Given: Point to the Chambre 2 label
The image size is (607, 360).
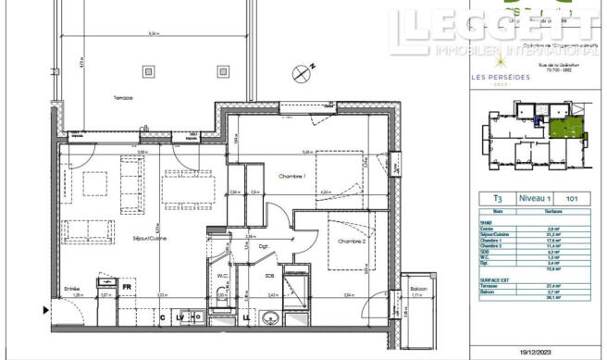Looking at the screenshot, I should [x=351, y=242].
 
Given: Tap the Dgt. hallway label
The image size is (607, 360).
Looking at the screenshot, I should [x=263, y=245].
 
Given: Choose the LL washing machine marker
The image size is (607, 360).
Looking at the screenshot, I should [x=247, y=318].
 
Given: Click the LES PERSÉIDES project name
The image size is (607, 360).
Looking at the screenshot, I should [x=501, y=77].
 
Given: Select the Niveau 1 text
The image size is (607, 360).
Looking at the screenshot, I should [x=535, y=198].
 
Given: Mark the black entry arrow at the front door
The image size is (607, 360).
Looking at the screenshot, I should [x=52, y=310].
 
